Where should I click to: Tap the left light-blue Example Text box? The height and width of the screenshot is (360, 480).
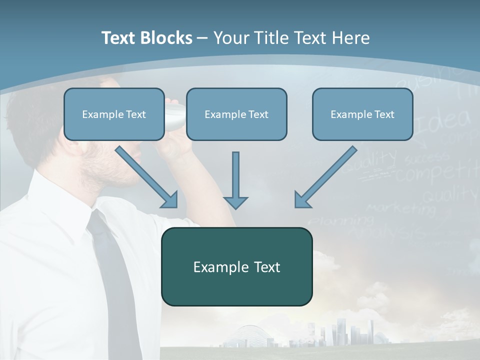point(114,114)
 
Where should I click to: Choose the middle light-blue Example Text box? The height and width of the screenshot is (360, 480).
point(236,114)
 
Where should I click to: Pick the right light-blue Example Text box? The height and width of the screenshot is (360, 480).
point(362,114)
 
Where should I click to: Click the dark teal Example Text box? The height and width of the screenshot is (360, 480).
point(236,266)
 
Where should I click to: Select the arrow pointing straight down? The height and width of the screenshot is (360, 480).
point(235,180)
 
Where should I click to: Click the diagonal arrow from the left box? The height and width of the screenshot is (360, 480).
point(146,176)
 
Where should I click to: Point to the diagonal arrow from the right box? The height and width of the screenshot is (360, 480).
point(325,176)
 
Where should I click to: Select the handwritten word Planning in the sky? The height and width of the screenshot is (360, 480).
point(340,220)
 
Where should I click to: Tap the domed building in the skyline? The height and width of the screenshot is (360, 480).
point(245,335)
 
